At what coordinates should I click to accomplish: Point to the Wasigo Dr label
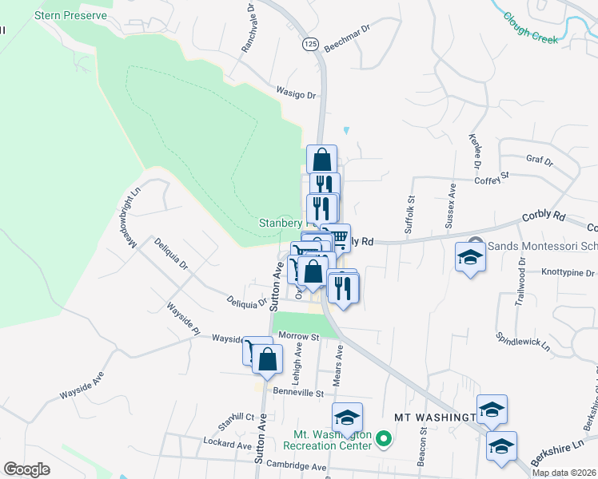pyautogui.click(x=296, y=94)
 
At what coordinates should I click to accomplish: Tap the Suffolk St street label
pyautogui.click(x=409, y=215)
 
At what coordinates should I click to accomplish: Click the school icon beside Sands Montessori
pyautogui.click(x=469, y=258)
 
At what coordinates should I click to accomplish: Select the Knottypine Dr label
pyautogui.click(x=568, y=273)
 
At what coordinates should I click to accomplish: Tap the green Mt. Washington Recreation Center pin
pyautogui.click(x=384, y=439)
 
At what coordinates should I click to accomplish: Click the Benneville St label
pyautogui.click(x=298, y=393)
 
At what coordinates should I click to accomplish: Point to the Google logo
pyautogui.click(x=27, y=469)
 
